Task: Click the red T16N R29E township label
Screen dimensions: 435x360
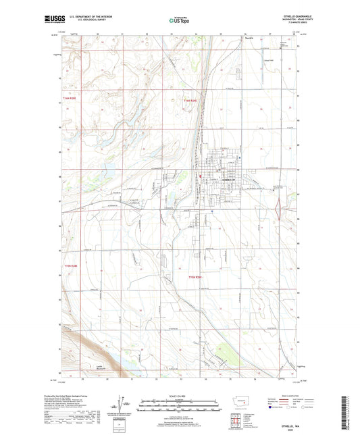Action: pos(190,101)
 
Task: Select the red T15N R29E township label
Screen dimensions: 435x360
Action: pos(195,277)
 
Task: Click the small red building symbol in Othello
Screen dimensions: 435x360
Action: pos(200,177)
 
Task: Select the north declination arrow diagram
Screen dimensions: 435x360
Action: pos(122,408)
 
